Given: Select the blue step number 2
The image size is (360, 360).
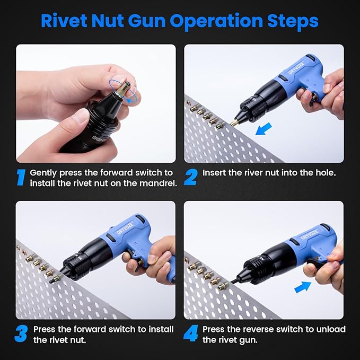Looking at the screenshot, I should click(x=190, y=177).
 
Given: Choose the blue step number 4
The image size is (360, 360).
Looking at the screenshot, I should click(x=190, y=334).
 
